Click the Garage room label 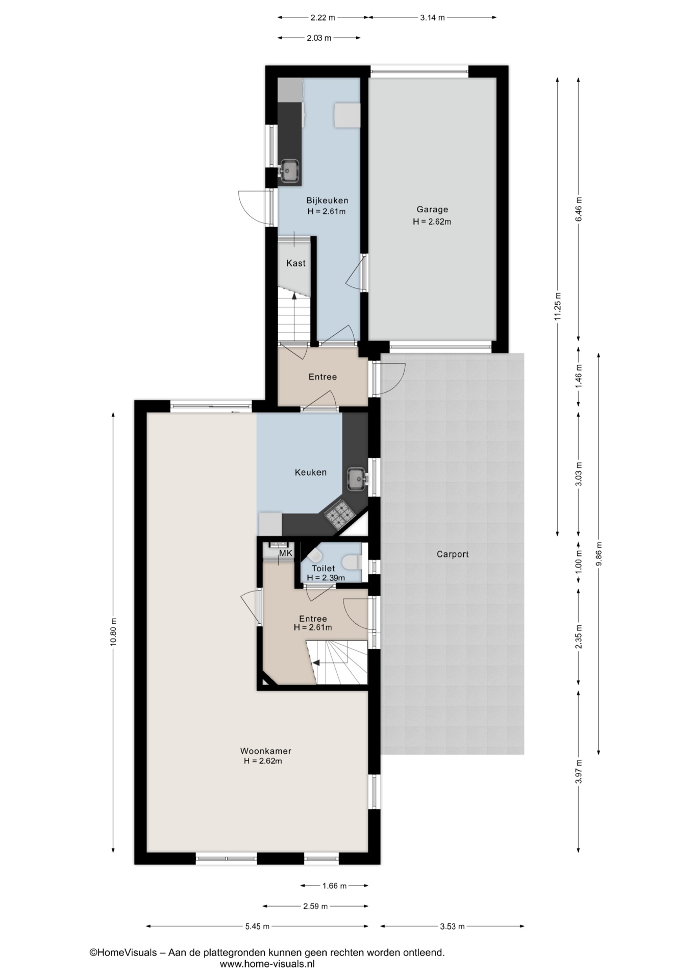click(x=432, y=209)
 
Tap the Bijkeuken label click(x=327, y=201)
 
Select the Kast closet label click(x=296, y=263)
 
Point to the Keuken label click(x=311, y=473)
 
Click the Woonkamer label click(x=266, y=751)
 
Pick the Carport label click(x=453, y=554)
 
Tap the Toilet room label click(x=324, y=569)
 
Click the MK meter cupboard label click(x=286, y=553)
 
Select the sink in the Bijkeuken click(x=289, y=170)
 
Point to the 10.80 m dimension click(x=113, y=632)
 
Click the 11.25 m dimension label click(x=558, y=306)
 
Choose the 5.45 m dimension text click(x=257, y=926)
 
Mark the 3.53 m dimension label click(x=453, y=926)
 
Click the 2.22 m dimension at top click(x=323, y=18)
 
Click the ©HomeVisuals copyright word click(x=123, y=952)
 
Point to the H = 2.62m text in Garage click(x=432, y=222)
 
